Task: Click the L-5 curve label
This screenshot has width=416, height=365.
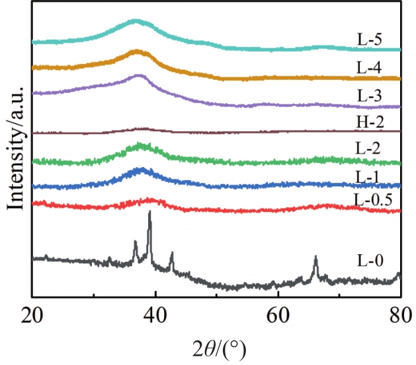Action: click(369, 40)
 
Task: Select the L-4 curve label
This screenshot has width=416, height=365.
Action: click(369, 67)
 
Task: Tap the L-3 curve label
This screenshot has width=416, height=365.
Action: click(369, 94)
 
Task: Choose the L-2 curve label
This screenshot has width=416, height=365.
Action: click(369, 149)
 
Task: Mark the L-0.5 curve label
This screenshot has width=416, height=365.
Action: click(374, 198)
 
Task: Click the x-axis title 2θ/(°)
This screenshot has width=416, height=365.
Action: click(216, 344)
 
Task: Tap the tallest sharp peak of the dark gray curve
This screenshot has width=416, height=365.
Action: click(149, 213)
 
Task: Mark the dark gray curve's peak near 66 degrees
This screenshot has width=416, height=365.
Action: click(315, 258)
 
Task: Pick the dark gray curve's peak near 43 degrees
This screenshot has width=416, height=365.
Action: click(172, 253)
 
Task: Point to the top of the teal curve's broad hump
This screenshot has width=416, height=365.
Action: click(136, 21)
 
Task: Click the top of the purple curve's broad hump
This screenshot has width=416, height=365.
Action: click(138, 76)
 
